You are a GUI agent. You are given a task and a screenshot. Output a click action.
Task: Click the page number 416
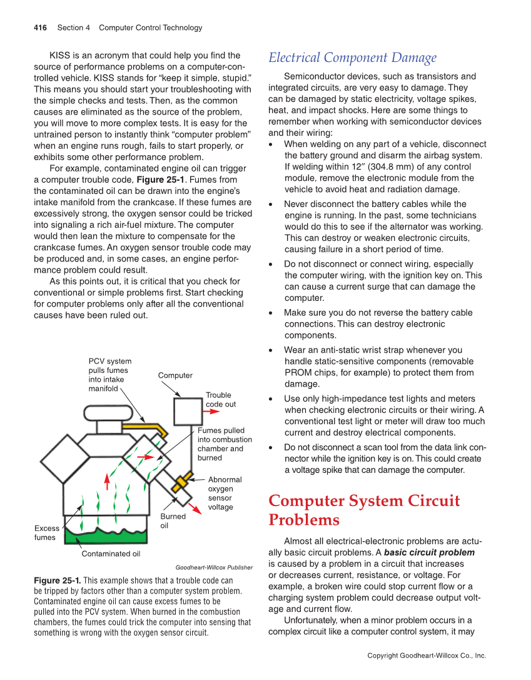tap(40, 28)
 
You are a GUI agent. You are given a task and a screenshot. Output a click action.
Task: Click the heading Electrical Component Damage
tap(352, 58)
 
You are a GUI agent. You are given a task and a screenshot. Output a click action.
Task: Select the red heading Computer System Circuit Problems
tap(364, 510)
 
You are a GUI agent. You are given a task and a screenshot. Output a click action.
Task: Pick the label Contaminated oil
tap(111, 554)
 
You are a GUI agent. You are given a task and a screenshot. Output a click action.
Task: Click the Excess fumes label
tap(46, 533)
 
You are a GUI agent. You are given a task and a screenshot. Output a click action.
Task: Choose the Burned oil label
tap(173, 521)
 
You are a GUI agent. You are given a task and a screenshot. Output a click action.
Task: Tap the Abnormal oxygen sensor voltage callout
tap(224, 493)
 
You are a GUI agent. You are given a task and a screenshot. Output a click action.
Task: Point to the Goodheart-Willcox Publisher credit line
tap(214, 567)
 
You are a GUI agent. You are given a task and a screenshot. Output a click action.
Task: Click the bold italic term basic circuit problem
tap(429, 552)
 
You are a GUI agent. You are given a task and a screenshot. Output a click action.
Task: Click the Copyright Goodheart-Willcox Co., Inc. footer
tap(426, 656)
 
